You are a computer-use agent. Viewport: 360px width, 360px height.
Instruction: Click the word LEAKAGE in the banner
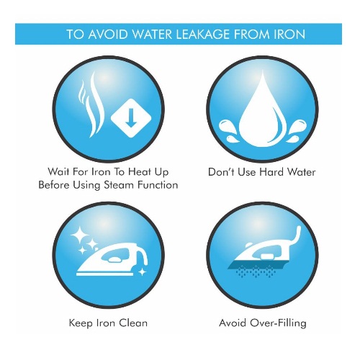click(x=203, y=35)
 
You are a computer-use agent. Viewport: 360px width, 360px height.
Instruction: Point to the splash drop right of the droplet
click(x=297, y=130)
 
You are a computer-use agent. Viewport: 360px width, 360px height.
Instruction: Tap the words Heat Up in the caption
click(x=148, y=172)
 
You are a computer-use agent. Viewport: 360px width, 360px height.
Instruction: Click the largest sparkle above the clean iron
click(x=79, y=235)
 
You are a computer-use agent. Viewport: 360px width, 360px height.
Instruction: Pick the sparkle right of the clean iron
click(x=143, y=272)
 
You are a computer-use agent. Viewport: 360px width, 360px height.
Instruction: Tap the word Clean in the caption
click(x=133, y=323)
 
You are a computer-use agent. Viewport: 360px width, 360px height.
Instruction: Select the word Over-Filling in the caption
click(x=278, y=323)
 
